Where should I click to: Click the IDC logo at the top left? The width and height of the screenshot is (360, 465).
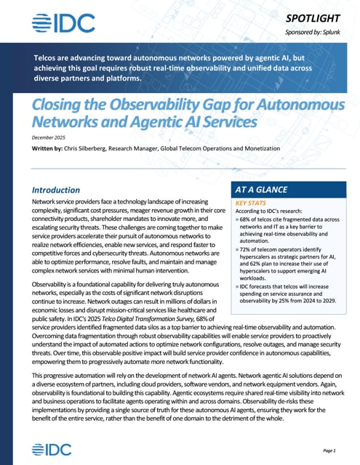click(64, 23)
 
